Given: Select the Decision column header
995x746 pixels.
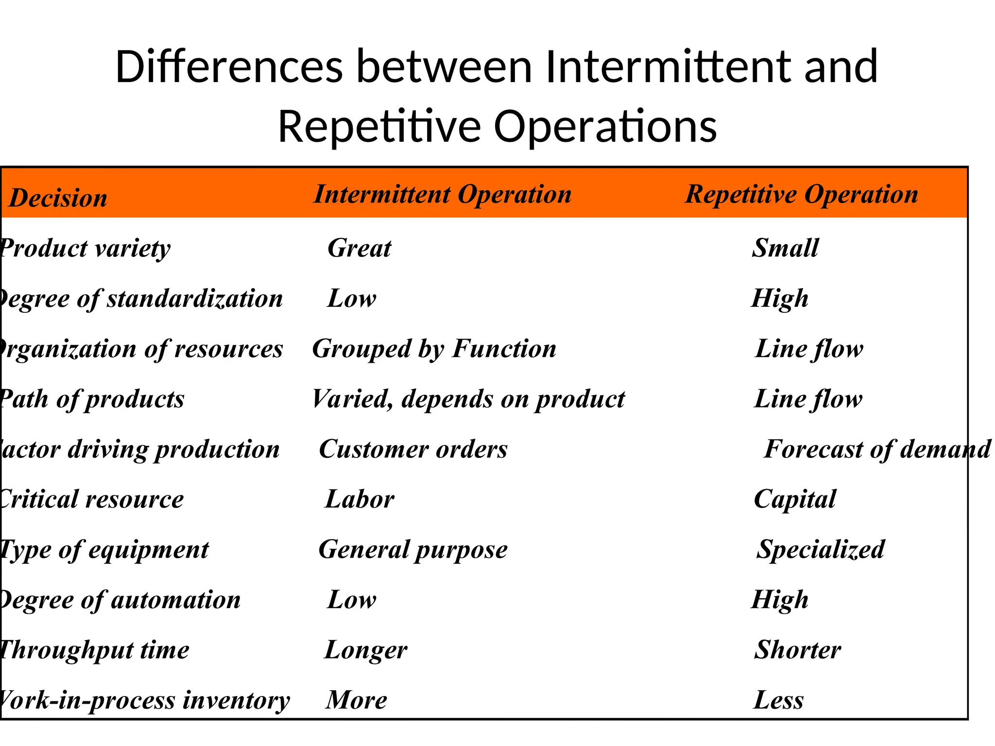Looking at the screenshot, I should (58, 198).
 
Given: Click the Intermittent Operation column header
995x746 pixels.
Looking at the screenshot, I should (442, 194).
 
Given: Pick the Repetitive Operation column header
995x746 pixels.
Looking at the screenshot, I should (802, 194).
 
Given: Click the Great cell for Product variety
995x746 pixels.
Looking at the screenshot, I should (359, 248).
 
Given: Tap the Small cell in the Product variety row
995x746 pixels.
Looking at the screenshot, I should (785, 248).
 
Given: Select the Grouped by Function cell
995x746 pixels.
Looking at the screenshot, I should (434, 349).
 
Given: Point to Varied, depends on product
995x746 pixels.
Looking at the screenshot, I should (468, 399).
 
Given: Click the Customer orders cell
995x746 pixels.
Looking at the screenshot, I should (413, 449).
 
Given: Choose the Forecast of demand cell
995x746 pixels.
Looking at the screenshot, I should (877, 449).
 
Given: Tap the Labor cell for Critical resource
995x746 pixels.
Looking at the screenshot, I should (360, 499).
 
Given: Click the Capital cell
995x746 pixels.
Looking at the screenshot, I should (795, 499).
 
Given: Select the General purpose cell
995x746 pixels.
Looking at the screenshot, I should (413, 550).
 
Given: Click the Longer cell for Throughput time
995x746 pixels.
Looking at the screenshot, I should (366, 650).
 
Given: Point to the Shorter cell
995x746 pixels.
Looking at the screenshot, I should (797, 650).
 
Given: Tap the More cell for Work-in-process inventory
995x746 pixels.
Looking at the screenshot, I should (356, 700).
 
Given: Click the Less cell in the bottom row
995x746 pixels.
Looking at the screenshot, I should (778, 700).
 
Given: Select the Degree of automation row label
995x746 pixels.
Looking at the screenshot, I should (120, 600).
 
